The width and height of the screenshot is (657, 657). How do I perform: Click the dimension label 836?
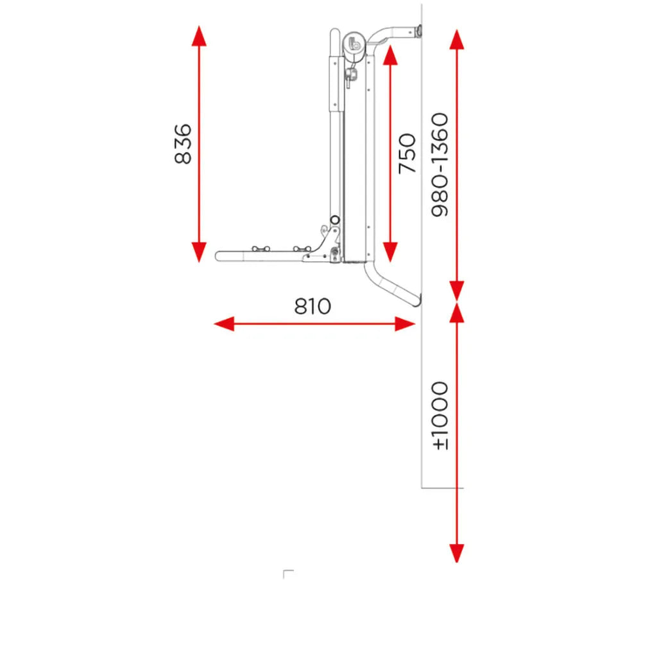(x=183, y=144)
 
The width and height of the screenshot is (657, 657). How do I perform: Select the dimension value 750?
(x=407, y=153)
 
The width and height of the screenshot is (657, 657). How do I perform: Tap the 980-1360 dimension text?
(x=439, y=165)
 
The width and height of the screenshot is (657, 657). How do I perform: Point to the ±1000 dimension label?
(x=439, y=416)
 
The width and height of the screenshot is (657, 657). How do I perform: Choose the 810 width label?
(x=312, y=306)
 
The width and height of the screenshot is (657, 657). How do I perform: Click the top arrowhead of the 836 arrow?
(x=199, y=36)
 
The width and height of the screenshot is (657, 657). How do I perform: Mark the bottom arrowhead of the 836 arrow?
(x=199, y=252)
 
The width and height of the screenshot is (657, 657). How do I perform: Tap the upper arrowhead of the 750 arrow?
(x=390, y=55)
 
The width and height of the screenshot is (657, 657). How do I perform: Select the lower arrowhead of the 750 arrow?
(x=390, y=252)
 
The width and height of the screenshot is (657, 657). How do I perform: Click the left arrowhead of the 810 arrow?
(x=224, y=324)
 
